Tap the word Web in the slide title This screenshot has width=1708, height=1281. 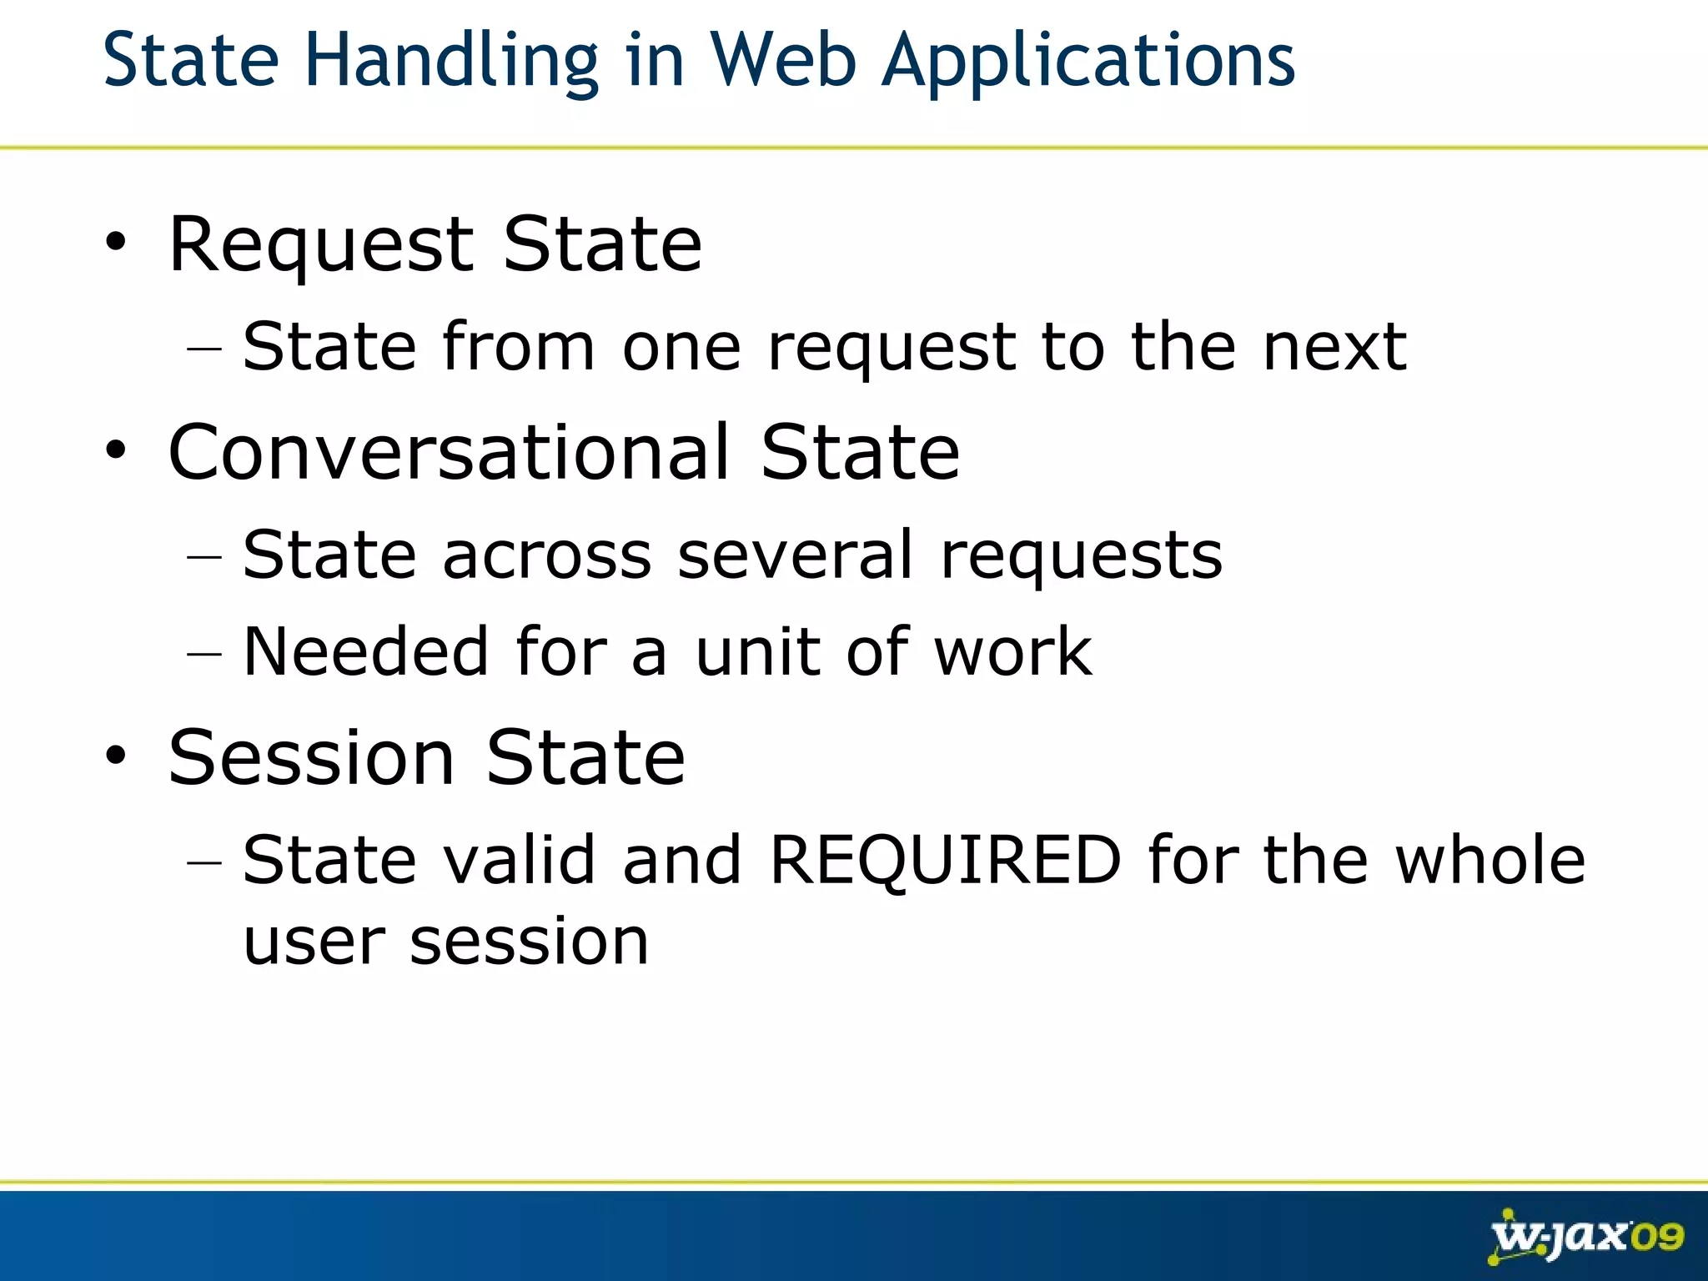click(783, 60)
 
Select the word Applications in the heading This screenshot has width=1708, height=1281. click(1088, 60)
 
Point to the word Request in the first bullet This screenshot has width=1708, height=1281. click(322, 245)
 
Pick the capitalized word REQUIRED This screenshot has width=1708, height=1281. click(945, 860)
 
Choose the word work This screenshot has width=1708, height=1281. click(1012, 651)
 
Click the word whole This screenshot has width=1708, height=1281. click(1490, 860)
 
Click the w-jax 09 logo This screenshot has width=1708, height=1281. click(1585, 1236)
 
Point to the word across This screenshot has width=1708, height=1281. click(547, 556)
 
